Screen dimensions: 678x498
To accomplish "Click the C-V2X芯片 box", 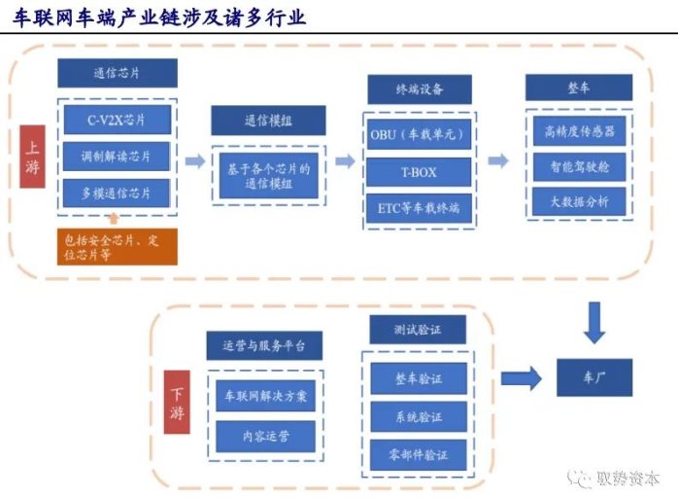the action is coord(118,120).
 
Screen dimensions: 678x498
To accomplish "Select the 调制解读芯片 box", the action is coord(117,156).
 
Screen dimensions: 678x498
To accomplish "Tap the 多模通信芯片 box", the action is coord(117,194).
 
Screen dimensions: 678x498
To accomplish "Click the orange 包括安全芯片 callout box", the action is coord(118,247).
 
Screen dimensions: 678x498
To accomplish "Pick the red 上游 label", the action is coord(32,157).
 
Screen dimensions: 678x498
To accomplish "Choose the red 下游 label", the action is coord(177,402).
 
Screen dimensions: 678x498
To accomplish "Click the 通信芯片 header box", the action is coord(118,73).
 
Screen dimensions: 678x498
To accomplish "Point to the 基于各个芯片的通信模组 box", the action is coord(269,176).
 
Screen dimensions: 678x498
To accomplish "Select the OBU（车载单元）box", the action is coord(419,134).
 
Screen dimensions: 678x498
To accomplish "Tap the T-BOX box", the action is coord(419,172).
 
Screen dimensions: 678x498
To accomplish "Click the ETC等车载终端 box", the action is coord(419,208).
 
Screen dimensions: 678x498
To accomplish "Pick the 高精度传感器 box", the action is coord(580,130).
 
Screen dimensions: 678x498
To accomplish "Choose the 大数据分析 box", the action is coord(579,201).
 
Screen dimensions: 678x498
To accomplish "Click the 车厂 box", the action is coord(594,377).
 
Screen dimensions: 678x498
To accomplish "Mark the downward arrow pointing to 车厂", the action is coord(594,323).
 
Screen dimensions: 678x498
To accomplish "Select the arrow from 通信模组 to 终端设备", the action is coord(345,161).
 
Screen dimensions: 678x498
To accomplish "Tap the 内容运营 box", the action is coord(265,436).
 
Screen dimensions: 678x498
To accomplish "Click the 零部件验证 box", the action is coord(419,455).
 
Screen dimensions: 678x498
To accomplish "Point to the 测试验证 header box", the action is coord(418,330).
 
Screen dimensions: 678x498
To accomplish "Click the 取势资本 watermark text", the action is coord(627,479).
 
